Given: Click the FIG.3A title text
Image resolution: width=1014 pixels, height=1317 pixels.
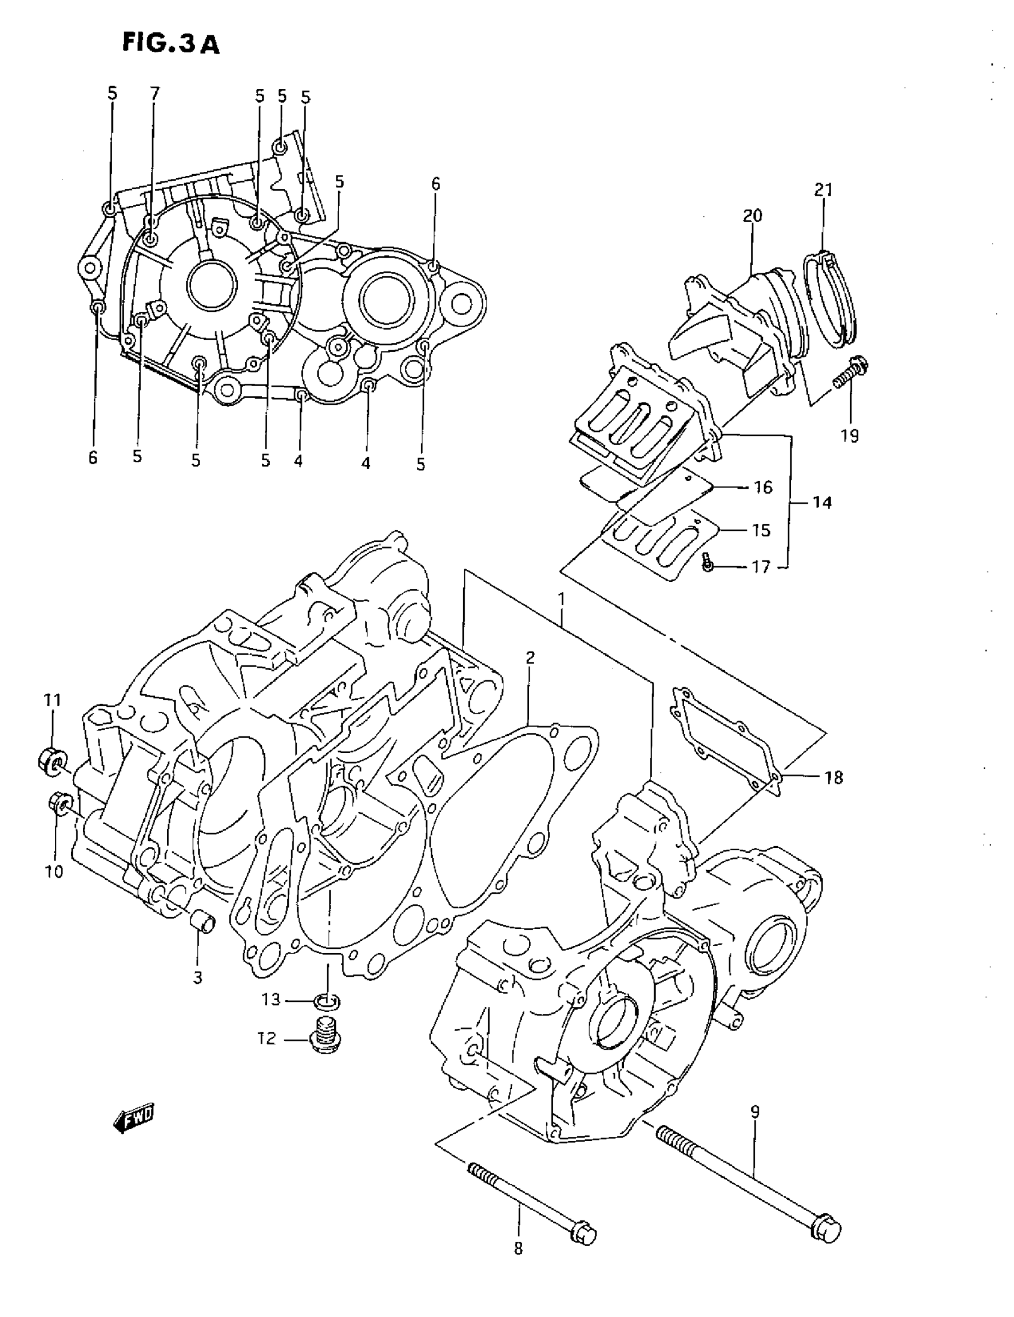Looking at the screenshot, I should [x=171, y=43].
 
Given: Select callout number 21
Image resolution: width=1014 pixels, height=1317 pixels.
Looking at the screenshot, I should [x=823, y=190].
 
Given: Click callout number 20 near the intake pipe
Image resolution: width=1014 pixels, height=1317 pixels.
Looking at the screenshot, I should [x=752, y=215].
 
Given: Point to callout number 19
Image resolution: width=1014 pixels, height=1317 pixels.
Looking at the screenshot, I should [x=850, y=436].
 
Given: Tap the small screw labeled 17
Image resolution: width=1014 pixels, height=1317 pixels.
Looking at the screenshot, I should [x=708, y=565].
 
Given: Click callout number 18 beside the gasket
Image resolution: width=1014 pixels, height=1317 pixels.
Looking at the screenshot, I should [x=833, y=778].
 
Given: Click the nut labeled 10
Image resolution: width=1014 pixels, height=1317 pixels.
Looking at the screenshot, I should [x=61, y=802].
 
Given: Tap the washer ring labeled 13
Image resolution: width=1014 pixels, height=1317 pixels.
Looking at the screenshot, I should [x=327, y=1001].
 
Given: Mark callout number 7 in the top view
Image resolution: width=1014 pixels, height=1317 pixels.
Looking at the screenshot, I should [x=155, y=94].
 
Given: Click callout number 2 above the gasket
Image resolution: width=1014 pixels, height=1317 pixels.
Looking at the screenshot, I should [x=529, y=657].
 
